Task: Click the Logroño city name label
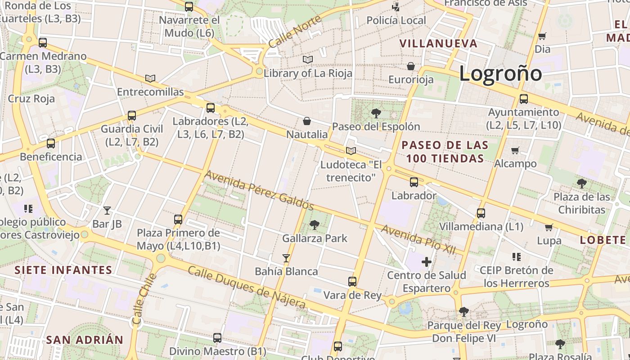point(500,73)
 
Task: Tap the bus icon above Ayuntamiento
point(524,99)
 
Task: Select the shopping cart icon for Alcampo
point(515,150)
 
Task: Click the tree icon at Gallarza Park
point(315,225)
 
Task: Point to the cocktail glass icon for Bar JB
point(107,210)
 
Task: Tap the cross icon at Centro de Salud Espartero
point(427,261)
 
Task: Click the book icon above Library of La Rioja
point(308,59)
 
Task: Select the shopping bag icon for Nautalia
point(307,121)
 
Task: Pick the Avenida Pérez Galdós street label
point(259,190)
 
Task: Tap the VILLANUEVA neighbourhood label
point(438,44)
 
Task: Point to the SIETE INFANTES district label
point(63,270)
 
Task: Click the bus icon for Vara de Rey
point(352,282)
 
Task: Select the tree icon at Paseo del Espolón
point(376,113)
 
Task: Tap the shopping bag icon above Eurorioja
point(411,67)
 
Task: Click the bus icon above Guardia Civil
point(132,116)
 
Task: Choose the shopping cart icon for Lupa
point(549,227)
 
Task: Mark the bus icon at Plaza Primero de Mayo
point(178,220)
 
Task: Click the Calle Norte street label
point(295,31)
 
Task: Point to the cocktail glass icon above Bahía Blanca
point(286,258)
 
